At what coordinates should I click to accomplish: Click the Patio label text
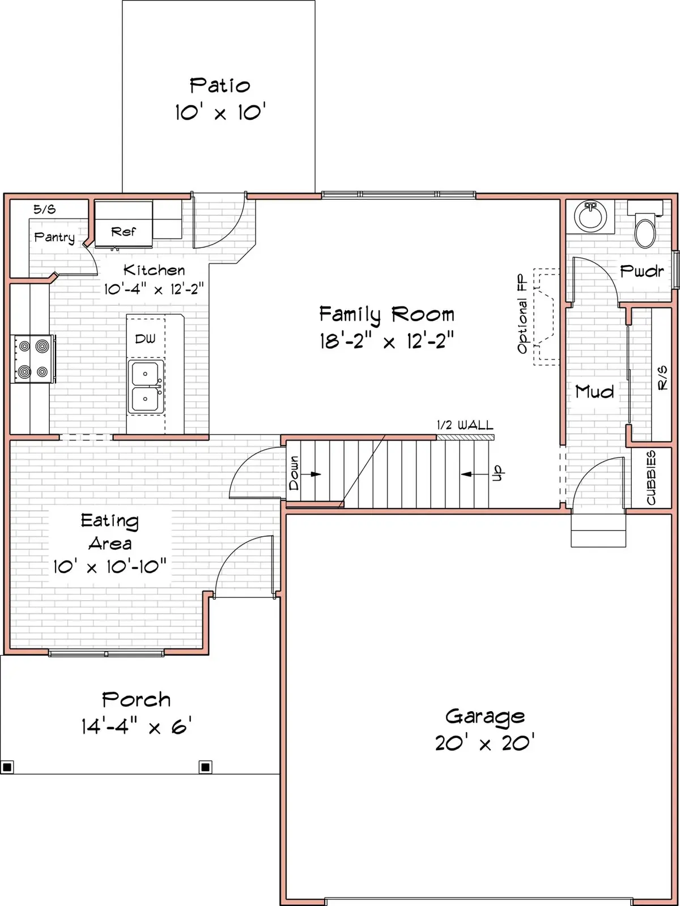point(220,86)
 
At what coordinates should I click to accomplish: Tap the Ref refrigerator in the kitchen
point(124,231)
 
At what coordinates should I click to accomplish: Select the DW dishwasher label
point(145,339)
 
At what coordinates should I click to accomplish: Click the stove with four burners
point(33,359)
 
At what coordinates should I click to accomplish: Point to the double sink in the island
point(146,387)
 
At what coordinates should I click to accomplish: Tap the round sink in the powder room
point(590,216)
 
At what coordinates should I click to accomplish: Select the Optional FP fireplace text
point(522,315)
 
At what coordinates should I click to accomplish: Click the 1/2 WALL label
point(465,425)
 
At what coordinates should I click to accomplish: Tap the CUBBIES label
point(651,478)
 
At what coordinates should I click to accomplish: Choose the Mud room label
point(594,391)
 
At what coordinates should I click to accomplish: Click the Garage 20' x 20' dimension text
point(484,743)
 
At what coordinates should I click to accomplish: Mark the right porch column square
point(206,767)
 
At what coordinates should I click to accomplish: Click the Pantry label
point(54,237)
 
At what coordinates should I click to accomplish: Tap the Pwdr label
point(641,271)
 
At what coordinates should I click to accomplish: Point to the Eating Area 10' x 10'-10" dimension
point(110,566)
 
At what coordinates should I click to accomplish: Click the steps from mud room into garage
point(598,530)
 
